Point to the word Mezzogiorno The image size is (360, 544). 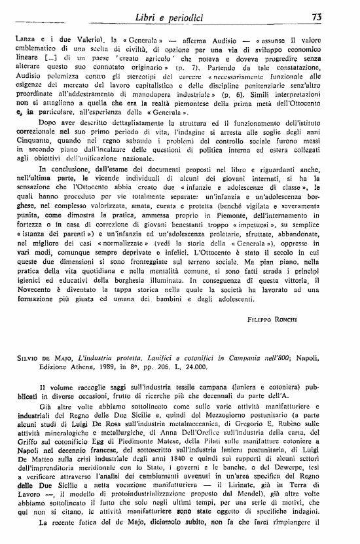point(216,405)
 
